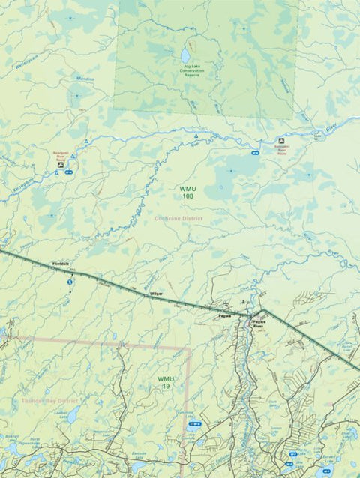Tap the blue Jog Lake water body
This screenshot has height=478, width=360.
[184, 55]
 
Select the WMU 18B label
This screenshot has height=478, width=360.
[187, 192]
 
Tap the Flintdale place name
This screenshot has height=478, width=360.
[61, 264]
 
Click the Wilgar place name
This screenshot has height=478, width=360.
[156, 294]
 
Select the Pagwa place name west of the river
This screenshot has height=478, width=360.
[223, 316]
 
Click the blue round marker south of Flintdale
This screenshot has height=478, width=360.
[70, 282]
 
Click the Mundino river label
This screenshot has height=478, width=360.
[85, 78]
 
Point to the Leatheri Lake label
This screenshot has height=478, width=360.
[62, 412]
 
